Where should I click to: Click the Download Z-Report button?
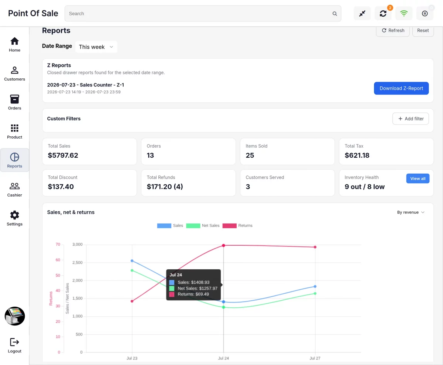coord(401,88)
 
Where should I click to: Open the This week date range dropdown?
coord(96,47)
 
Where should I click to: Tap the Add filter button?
coord(411,119)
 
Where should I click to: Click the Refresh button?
coord(393,31)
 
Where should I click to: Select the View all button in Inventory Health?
coord(418,178)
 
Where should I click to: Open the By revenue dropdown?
coord(411,212)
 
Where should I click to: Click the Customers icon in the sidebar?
coord(14,70)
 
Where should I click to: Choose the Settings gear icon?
coord(14,215)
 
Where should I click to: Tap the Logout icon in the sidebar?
coord(14,342)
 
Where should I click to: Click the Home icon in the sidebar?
coord(14,41)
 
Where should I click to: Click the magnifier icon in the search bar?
coord(334,14)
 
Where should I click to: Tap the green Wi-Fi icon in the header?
coord(404,14)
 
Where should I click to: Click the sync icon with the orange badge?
coord(383,14)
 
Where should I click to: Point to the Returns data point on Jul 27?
coord(315,247)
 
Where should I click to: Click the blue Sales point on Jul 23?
coord(132,261)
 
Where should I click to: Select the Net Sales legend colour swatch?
coord(193,226)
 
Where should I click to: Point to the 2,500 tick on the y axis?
coord(78,263)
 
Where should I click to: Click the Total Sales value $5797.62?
coord(63,156)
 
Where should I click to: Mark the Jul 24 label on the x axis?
coord(223,358)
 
